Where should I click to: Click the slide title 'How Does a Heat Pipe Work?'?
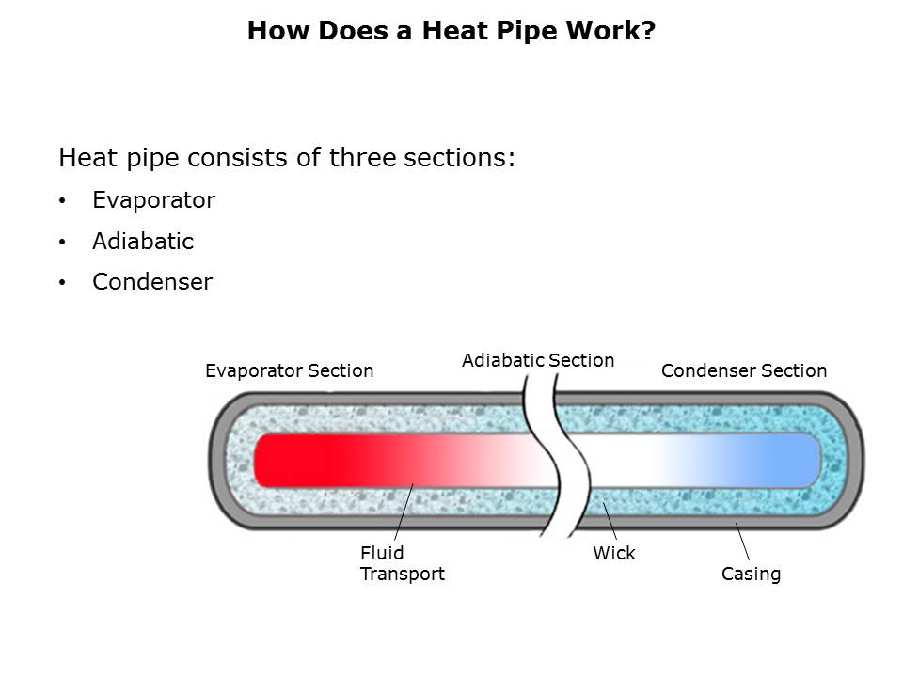click(451, 31)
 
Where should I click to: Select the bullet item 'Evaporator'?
click(153, 200)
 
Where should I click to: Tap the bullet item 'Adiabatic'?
click(143, 242)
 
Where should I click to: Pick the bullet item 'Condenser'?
click(152, 282)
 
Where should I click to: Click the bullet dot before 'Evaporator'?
click(62, 201)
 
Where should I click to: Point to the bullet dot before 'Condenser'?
click(62, 283)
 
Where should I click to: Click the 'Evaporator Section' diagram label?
click(289, 371)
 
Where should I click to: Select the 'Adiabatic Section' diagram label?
click(537, 360)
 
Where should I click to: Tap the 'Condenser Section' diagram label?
click(743, 371)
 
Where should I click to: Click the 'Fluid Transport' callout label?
click(402, 563)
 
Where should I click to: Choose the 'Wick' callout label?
click(613, 554)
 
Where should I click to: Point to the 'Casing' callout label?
click(751, 574)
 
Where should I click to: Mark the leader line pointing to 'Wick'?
click(610, 521)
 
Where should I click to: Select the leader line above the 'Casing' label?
click(742, 541)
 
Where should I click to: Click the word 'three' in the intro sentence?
click(358, 158)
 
